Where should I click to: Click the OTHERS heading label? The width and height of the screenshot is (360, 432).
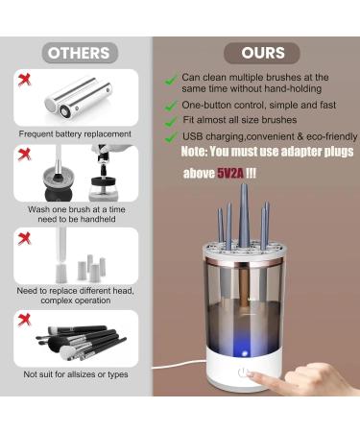point(79,52)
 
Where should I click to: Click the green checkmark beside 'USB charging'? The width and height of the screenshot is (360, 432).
point(170,137)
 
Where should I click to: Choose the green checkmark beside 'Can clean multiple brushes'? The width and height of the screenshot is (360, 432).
point(170,78)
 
